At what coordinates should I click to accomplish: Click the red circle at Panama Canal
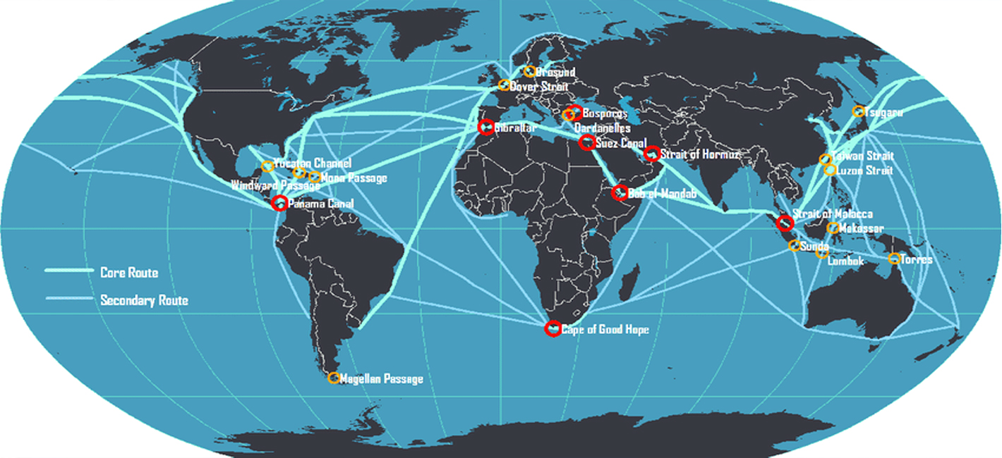point(279,203)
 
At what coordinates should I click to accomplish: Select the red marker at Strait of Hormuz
point(653,154)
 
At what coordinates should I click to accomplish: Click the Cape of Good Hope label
point(605,329)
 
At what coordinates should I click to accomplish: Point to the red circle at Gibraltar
point(485,128)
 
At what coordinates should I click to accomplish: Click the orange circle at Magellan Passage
point(334,378)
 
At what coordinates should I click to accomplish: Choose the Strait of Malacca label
point(832,214)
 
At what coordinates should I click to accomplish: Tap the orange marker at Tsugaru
point(858,111)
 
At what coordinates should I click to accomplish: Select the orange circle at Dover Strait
point(504,85)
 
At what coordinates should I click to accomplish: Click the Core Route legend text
point(129,273)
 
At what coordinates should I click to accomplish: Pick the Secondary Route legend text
point(144,301)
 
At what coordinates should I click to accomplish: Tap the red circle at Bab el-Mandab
point(619,193)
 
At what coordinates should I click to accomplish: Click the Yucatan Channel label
point(312,163)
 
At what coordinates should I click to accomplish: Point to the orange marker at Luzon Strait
point(830,170)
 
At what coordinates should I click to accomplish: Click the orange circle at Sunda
point(795,246)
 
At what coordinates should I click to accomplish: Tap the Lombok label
point(845,261)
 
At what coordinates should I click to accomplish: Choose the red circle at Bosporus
point(574,111)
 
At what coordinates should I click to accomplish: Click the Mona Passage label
point(354,178)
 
